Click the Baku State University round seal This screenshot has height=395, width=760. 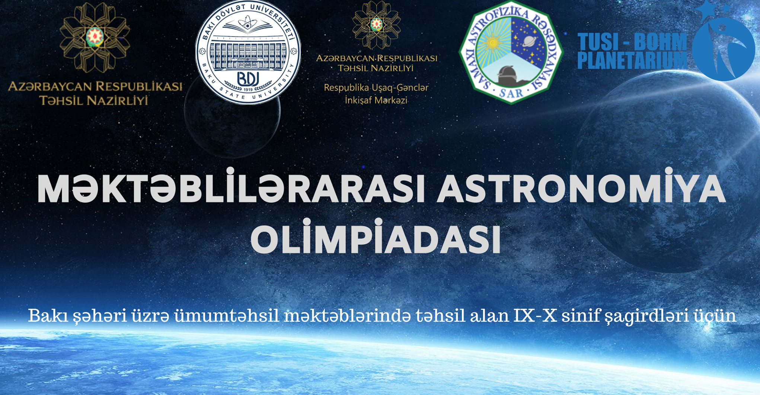248,52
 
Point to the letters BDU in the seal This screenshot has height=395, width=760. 248,79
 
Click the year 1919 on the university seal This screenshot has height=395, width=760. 248,89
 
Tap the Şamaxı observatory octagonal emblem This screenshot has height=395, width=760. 511,52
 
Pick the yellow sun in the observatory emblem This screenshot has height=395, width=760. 492,42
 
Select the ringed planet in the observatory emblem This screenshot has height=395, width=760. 529,41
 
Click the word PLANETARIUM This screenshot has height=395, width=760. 632,60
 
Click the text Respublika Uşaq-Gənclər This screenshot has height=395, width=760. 376,88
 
